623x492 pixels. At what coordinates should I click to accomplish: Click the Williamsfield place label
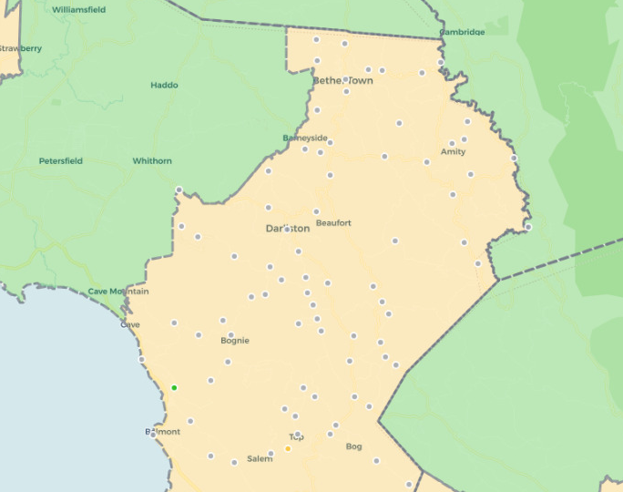[x=78, y=9]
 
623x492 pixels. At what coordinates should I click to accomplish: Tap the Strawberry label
[x=20, y=48]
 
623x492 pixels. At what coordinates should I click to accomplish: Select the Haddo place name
[x=164, y=86]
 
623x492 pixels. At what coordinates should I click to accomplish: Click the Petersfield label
[x=60, y=161]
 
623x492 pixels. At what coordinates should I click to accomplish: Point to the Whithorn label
[x=152, y=161]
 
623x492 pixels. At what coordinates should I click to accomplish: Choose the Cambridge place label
[x=462, y=32]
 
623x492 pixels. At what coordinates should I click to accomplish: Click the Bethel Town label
[x=342, y=81]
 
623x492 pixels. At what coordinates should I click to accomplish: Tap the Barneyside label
[x=305, y=138]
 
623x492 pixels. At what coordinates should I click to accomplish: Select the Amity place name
[x=453, y=152]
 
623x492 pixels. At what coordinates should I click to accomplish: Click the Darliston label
[x=288, y=229]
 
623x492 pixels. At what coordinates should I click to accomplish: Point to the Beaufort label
[x=333, y=223]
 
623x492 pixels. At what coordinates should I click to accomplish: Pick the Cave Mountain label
[x=118, y=292]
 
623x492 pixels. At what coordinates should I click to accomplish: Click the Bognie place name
[x=235, y=342]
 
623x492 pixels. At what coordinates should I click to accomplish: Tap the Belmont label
[x=162, y=432]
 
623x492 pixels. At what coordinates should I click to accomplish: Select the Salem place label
[x=260, y=459]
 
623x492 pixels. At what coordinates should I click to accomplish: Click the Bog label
[x=354, y=446]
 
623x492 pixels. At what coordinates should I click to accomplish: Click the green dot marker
[x=174, y=388]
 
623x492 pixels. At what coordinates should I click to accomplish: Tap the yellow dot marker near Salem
[x=288, y=448]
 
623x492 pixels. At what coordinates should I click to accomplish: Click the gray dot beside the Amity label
[x=452, y=143]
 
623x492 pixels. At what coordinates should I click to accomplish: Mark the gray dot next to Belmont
[x=152, y=435]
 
